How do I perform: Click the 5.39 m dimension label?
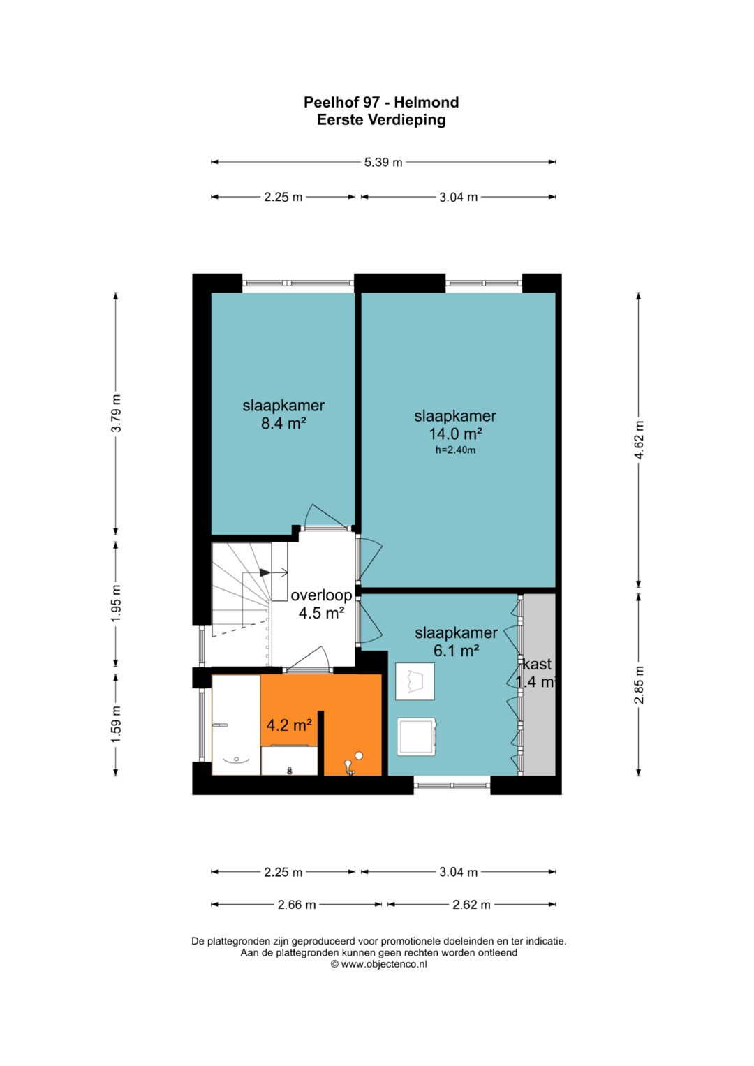point(383,162)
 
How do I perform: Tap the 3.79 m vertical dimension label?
point(116,413)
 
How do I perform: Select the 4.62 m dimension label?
point(640,440)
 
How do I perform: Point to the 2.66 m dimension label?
point(297,904)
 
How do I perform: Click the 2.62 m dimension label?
point(471,904)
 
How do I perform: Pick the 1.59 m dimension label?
point(116,724)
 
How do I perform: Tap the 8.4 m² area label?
point(283,422)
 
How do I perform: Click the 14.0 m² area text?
point(455,434)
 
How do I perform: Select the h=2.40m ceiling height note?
point(455,450)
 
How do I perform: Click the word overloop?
point(321,595)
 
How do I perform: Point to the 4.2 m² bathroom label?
point(289,725)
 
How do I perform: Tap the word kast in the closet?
point(537,664)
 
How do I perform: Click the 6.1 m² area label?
point(455,650)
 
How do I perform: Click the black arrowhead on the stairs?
point(265,572)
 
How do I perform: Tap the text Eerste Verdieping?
point(381,120)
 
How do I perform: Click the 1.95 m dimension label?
point(116,603)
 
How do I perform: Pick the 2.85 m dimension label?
point(640,684)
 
